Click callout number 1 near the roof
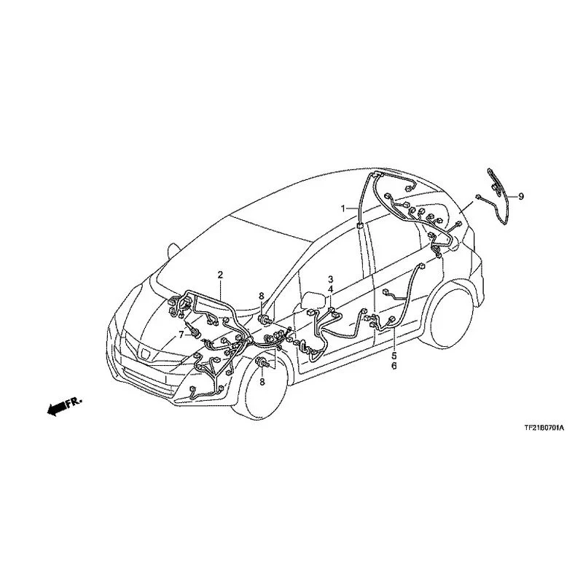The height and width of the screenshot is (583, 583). [343, 208]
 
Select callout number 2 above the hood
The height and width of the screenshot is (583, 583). [220, 275]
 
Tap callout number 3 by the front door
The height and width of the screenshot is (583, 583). [330, 279]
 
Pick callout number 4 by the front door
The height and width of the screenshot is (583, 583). [330, 289]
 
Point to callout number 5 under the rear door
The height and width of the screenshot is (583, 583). [394, 356]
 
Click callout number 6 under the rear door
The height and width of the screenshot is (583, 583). [394, 366]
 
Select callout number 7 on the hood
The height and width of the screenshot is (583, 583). [181, 335]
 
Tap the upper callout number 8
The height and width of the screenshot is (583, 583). [262, 296]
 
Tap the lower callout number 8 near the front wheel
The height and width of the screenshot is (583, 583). [262, 381]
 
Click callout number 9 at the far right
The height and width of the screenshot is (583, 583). [521, 196]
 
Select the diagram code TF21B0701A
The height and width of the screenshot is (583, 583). [544, 428]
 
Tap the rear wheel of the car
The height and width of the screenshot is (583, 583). [449, 318]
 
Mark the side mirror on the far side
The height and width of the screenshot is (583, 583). [173, 251]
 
